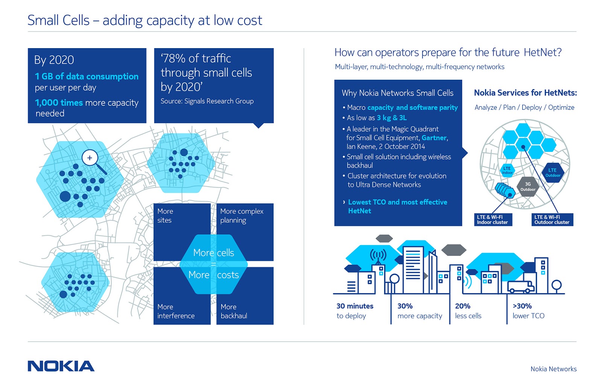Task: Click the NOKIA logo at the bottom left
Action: tap(61, 366)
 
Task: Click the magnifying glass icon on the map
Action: tap(90, 158)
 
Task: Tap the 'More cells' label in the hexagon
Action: tap(213, 253)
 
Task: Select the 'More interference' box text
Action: tap(176, 311)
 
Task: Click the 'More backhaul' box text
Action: tap(234, 311)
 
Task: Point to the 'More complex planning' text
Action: tap(242, 216)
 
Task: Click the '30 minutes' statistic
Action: tap(355, 306)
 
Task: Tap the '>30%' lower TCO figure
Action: tap(522, 306)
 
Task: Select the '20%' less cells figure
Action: tap(463, 306)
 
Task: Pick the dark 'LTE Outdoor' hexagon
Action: tap(553, 173)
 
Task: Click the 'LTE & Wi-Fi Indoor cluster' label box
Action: tap(493, 220)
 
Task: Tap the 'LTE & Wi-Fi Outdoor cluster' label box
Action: tap(552, 220)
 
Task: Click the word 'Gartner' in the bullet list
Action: tap(434, 138)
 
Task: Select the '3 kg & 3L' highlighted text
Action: tap(392, 118)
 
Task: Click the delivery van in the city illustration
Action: tap(521, 286)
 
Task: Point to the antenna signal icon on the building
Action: tap(378, 256)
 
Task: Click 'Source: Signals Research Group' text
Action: tap(207, 101)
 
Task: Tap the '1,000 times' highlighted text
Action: tap(59, 103)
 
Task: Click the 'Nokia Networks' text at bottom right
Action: tap(553, 369)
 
